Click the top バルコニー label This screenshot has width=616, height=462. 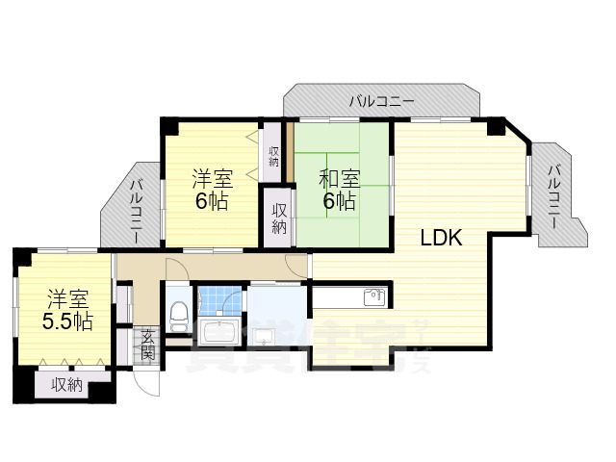coord(382,100)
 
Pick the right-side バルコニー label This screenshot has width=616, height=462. coord(555,196)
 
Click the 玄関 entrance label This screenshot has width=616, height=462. coord(147,344)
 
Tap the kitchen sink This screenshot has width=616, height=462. coord(374,297)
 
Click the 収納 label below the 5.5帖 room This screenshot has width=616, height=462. coord(66,385)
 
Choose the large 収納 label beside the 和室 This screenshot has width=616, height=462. coord(279,218)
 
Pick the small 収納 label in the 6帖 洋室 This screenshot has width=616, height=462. coord(273,155)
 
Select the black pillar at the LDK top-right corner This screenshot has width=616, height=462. coord(496,125)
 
